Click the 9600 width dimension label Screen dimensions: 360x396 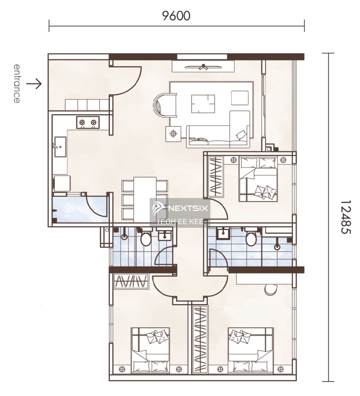[176, 16]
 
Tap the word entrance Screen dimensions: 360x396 [17, 83]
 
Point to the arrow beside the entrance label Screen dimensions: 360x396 [34, 84]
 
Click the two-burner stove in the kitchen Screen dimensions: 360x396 [88, 122]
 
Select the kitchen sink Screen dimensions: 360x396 [60, 147]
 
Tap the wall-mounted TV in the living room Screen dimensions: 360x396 [203, 67]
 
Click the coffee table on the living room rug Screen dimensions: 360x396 [203, 104]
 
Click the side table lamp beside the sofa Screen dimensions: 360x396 [173, 134]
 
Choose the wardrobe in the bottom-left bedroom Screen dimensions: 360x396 [131, 281]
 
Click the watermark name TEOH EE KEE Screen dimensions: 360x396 [180, 222]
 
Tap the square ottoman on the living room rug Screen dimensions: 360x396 [240, 98]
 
